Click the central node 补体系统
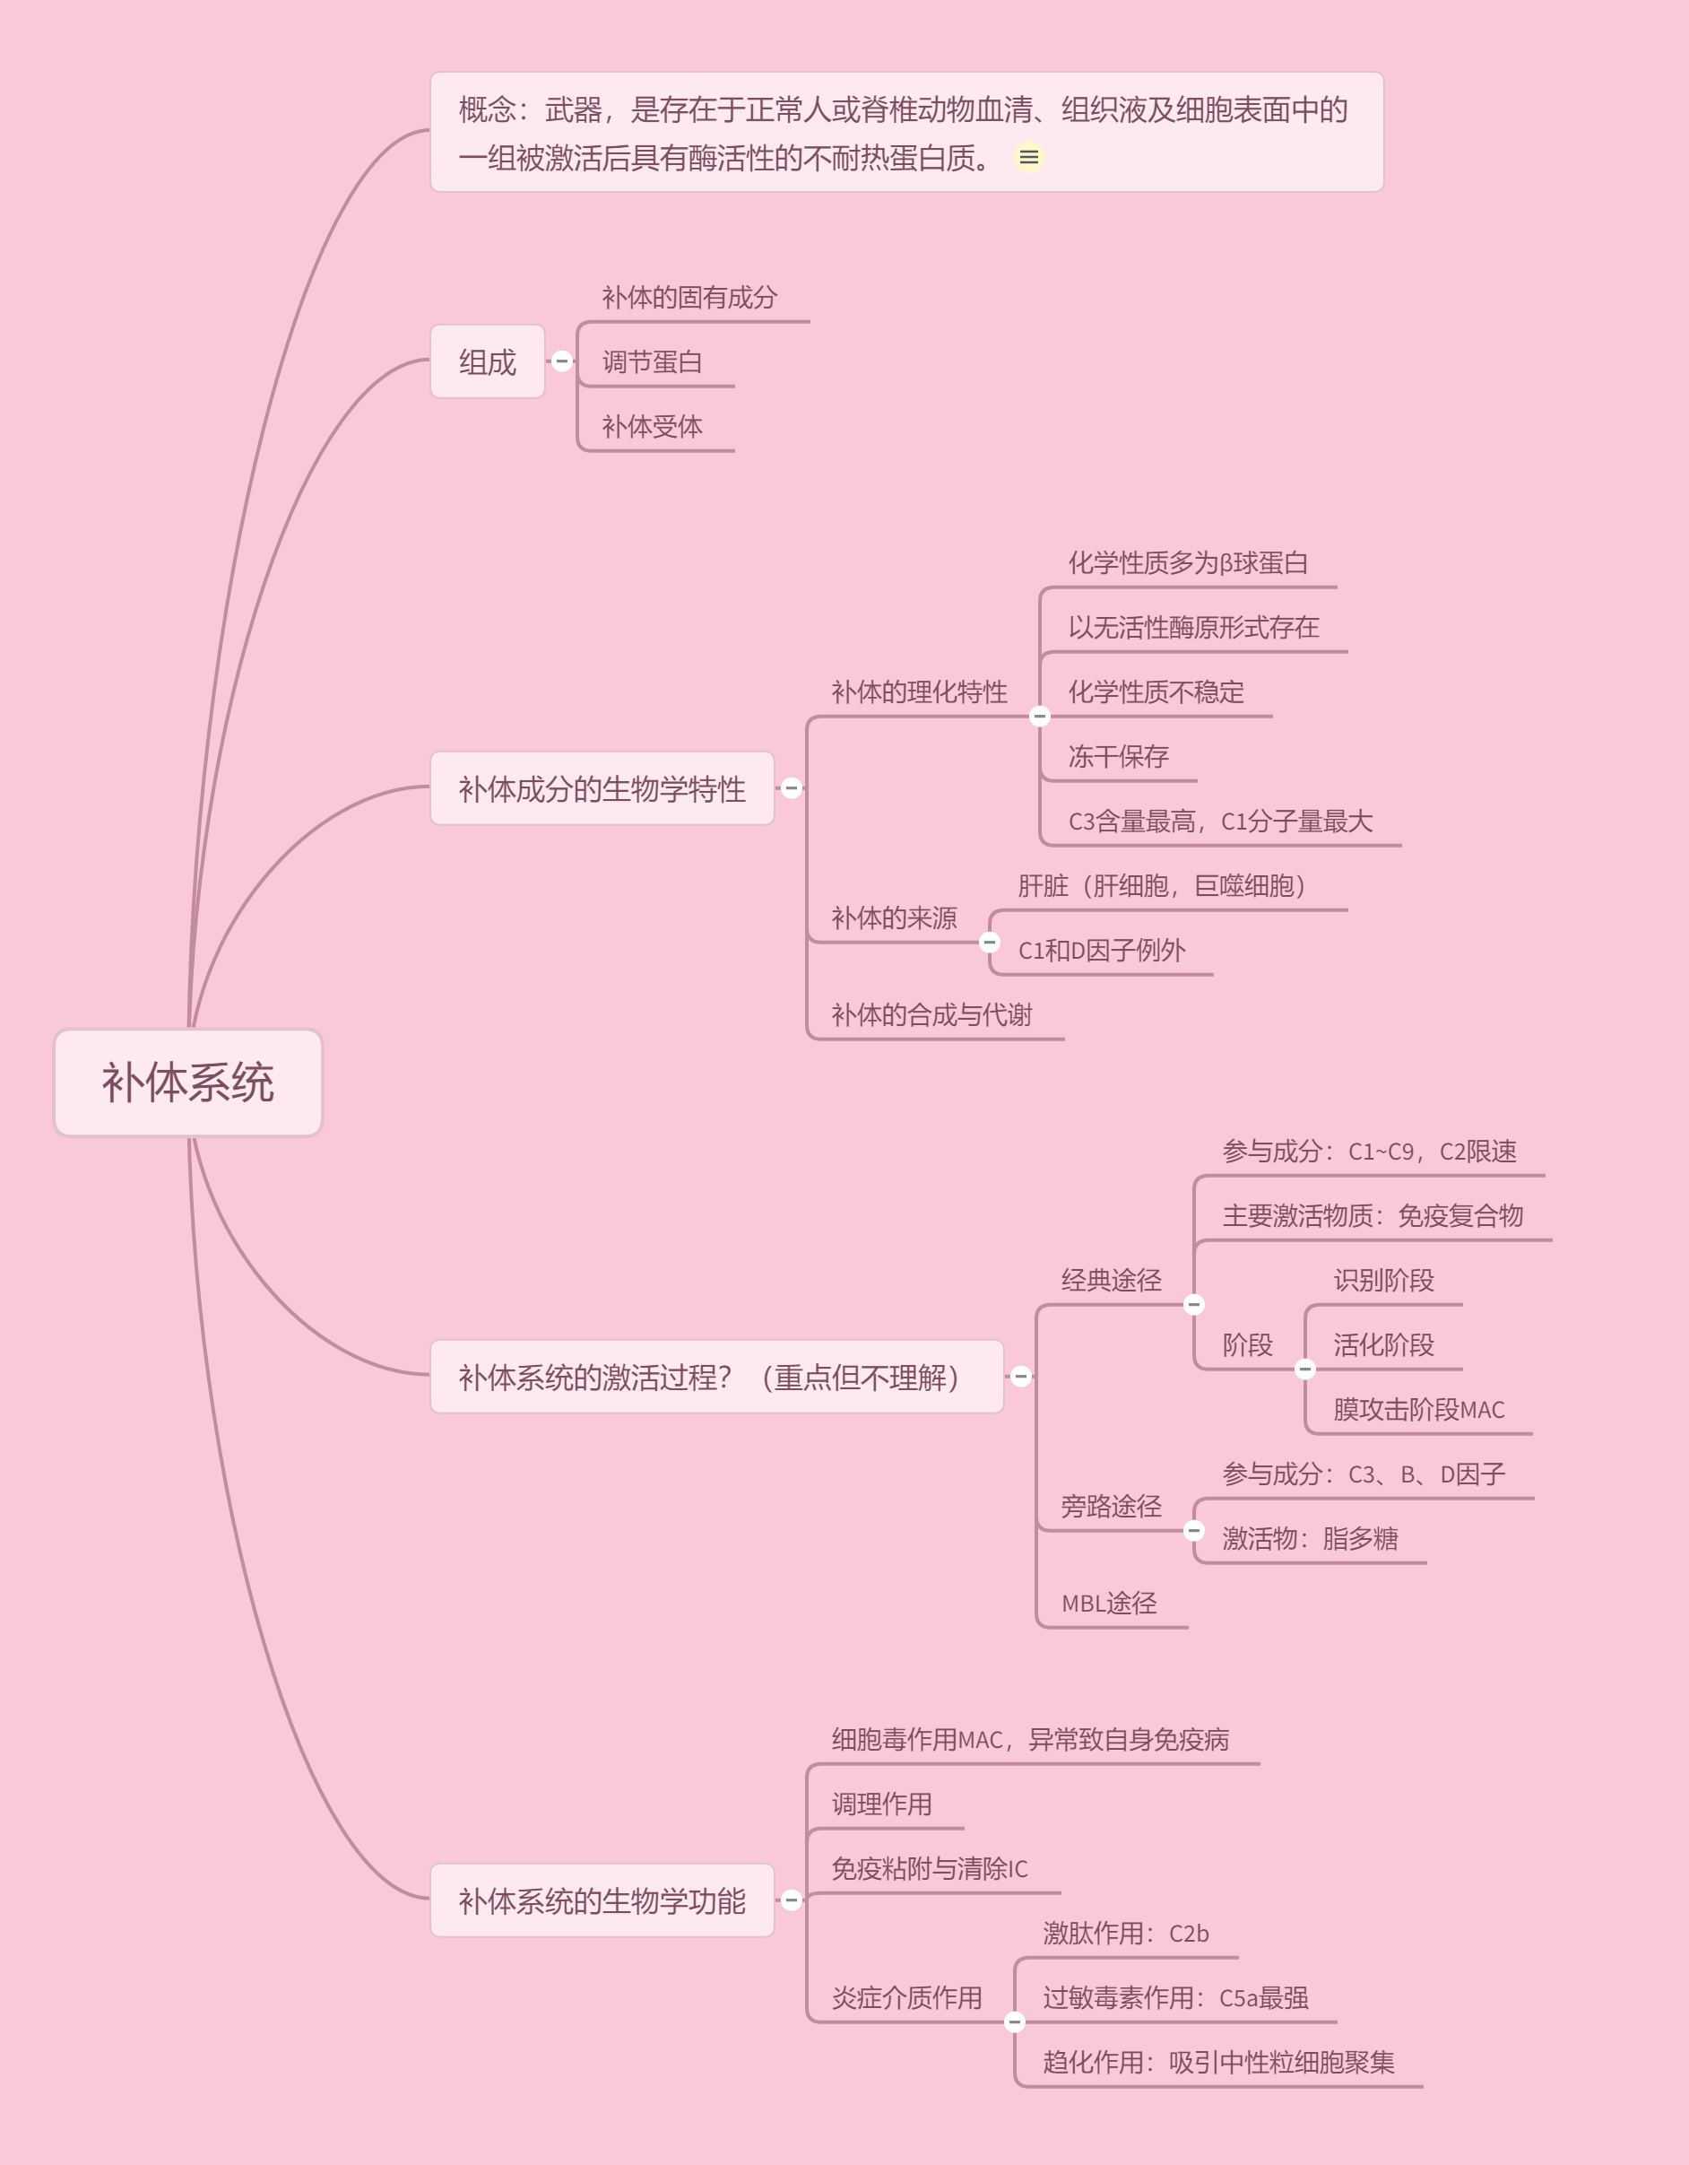pyautogui.click(x=188, y=1082)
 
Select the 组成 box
pyautogui.click(x=488, y=361)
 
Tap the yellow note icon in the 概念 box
pyautogui.click(x=1029, y=158)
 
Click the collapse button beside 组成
pyautogui.click(x=562, y=361)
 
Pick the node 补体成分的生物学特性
pyautogui.click(x=602, y=789)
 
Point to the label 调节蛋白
pyautogui.click(x=653, y=361)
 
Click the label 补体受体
pyautogui.click(x=653, y=426)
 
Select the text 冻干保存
pyautogui.click(x=1118, y=756)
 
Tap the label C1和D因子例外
pyautogui.click(x=1101, y=951)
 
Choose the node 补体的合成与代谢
pyautogui.click(x=931, y=1015)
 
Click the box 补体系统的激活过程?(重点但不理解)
pyautogui.click(x=716, y=1377)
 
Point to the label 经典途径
pyautogui.click(x=1111, y=1281)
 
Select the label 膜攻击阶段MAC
pyautogui.click(x=1418, y=1410)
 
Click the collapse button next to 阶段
pyautogui.click(x=1305, y=1369)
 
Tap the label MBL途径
pyautogui.click(x=1109, y=1603)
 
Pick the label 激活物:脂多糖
pyautogui.click(x=1310, y=1538)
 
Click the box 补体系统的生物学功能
pyautogui.click(x=602, y=1900)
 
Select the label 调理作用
pyautogui.click(x=882, y=1804)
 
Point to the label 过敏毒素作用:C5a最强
pyautogui.click(x=1175, y=1997)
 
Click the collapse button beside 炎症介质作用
pyautogui.click(x=1015, y=2022)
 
